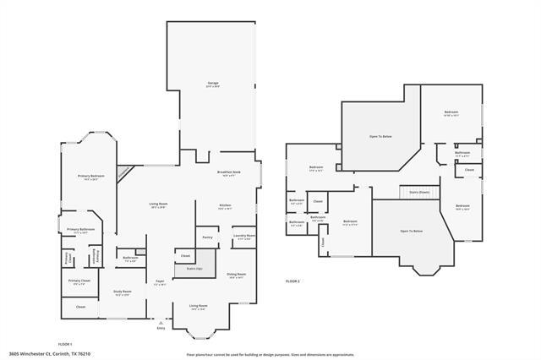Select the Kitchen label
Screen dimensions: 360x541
(226, 206)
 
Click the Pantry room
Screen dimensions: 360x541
(207, 237)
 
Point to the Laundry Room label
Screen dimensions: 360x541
(245, 237)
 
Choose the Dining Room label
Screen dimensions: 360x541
(237, 275)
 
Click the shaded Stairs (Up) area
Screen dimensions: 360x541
(188, 270)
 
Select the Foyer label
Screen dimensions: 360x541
(159, 281)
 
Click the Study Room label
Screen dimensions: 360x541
(122, 292)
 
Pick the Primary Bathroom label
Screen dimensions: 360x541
(80, 230)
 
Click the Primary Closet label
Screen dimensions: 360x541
(79, 281)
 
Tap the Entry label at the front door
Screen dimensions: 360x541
(161, 327)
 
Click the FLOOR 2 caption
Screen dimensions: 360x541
(292, 280)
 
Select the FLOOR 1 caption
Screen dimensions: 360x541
(65, 344)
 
